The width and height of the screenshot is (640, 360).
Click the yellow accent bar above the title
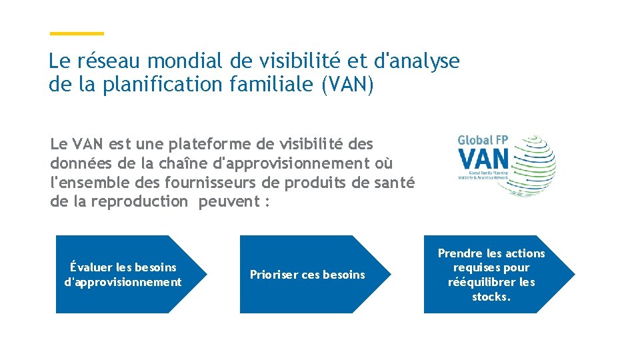pos(77,33)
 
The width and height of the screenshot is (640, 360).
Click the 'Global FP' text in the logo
pos(483,141)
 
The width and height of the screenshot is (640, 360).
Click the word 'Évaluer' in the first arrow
pos(91,267)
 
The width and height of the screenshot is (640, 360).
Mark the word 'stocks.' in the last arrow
pos(491,297)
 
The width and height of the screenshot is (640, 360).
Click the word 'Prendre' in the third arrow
pos(459,253)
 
